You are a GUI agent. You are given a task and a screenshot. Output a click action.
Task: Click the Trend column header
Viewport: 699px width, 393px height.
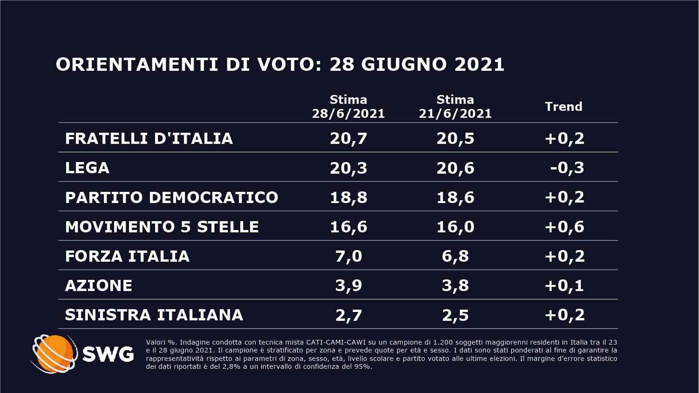(x=563, y=107)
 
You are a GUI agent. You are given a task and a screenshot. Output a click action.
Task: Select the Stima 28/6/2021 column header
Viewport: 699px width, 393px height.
(x=348, y=107)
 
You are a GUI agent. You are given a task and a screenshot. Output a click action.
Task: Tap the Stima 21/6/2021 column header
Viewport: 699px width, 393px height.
(x=455, y=107)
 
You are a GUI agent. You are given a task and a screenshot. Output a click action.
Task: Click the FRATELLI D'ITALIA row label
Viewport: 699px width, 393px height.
(x=149, y=138)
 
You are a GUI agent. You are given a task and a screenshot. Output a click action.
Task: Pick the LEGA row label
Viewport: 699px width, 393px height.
(x=87, y=168)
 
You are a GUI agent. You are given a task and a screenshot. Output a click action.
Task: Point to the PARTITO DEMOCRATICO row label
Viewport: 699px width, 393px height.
(x=171, y=197)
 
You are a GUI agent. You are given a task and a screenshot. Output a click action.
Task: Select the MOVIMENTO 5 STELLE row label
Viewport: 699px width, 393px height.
(x=162, y=227)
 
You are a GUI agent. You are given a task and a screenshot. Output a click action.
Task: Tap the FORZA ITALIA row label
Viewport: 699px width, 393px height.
(x=127, y=256)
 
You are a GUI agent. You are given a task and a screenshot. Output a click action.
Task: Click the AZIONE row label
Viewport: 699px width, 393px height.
(x=99, y=285)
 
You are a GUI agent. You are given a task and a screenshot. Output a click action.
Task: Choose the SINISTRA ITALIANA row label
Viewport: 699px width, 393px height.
(x=154, y=315)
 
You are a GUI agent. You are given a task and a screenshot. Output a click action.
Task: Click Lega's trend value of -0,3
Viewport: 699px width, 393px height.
(x=567, y=168)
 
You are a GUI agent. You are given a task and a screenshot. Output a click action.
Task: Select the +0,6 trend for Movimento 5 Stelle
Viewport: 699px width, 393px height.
(x=564, y=227)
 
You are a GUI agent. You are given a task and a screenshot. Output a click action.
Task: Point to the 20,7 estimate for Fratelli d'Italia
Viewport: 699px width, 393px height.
(x=348, y=138)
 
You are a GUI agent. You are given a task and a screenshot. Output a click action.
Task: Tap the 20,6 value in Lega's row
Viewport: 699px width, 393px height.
(x=455, y=168)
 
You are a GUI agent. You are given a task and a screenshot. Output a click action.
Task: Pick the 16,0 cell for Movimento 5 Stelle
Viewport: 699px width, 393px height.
(x=455, y=227)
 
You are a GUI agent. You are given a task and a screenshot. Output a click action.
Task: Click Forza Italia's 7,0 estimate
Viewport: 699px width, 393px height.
(x=348, y=256)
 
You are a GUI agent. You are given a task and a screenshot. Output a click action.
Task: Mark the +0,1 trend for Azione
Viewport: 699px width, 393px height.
(x=564, y=285)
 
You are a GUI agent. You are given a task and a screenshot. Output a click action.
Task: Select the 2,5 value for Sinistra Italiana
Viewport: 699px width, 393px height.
(x=455, y=315)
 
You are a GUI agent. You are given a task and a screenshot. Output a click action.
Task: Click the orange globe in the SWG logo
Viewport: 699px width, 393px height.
(x=54, y=354)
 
